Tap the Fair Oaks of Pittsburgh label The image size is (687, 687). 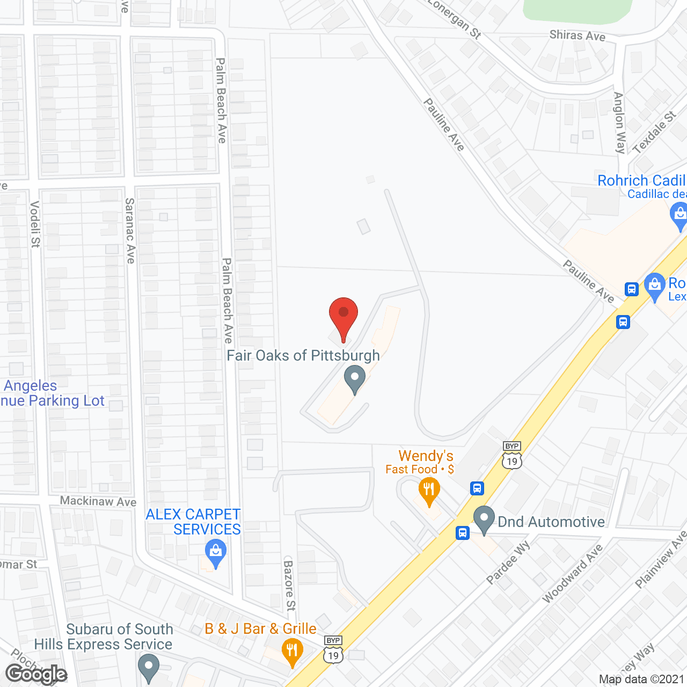point(303,356)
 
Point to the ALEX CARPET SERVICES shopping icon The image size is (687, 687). point(215,553)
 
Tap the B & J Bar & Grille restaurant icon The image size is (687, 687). point(292,652)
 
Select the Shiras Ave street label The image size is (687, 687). point(577,35)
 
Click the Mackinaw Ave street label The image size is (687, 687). point(98,501)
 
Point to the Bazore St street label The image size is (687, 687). point(290,586)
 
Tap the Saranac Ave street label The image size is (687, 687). point(130,231)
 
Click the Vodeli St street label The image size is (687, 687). point(35,224)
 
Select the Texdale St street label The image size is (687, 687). point(654,133)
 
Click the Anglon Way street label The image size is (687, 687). point(619,123)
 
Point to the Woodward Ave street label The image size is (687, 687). point(572,574)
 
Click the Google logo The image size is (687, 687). point(36,674)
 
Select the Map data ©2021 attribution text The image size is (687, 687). point(641,679)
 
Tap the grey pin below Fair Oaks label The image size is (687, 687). point(354,378)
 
